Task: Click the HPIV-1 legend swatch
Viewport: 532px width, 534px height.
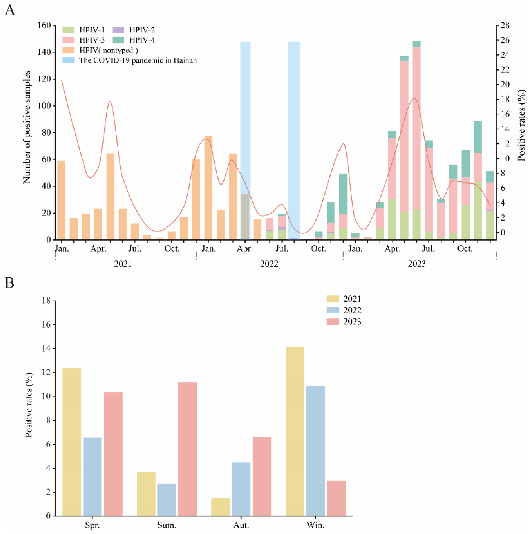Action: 68,30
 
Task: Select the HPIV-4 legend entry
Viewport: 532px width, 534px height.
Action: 142,40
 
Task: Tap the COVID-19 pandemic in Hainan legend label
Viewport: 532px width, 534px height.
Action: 138,60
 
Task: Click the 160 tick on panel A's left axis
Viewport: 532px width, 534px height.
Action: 44,25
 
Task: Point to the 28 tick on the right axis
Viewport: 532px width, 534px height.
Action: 505,25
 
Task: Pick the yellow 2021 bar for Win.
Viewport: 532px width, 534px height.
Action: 295,431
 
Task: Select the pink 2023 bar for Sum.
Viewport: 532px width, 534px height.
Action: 187,449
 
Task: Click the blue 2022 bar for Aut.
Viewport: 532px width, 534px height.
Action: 241,489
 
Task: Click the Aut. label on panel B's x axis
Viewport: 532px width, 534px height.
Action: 241,525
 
